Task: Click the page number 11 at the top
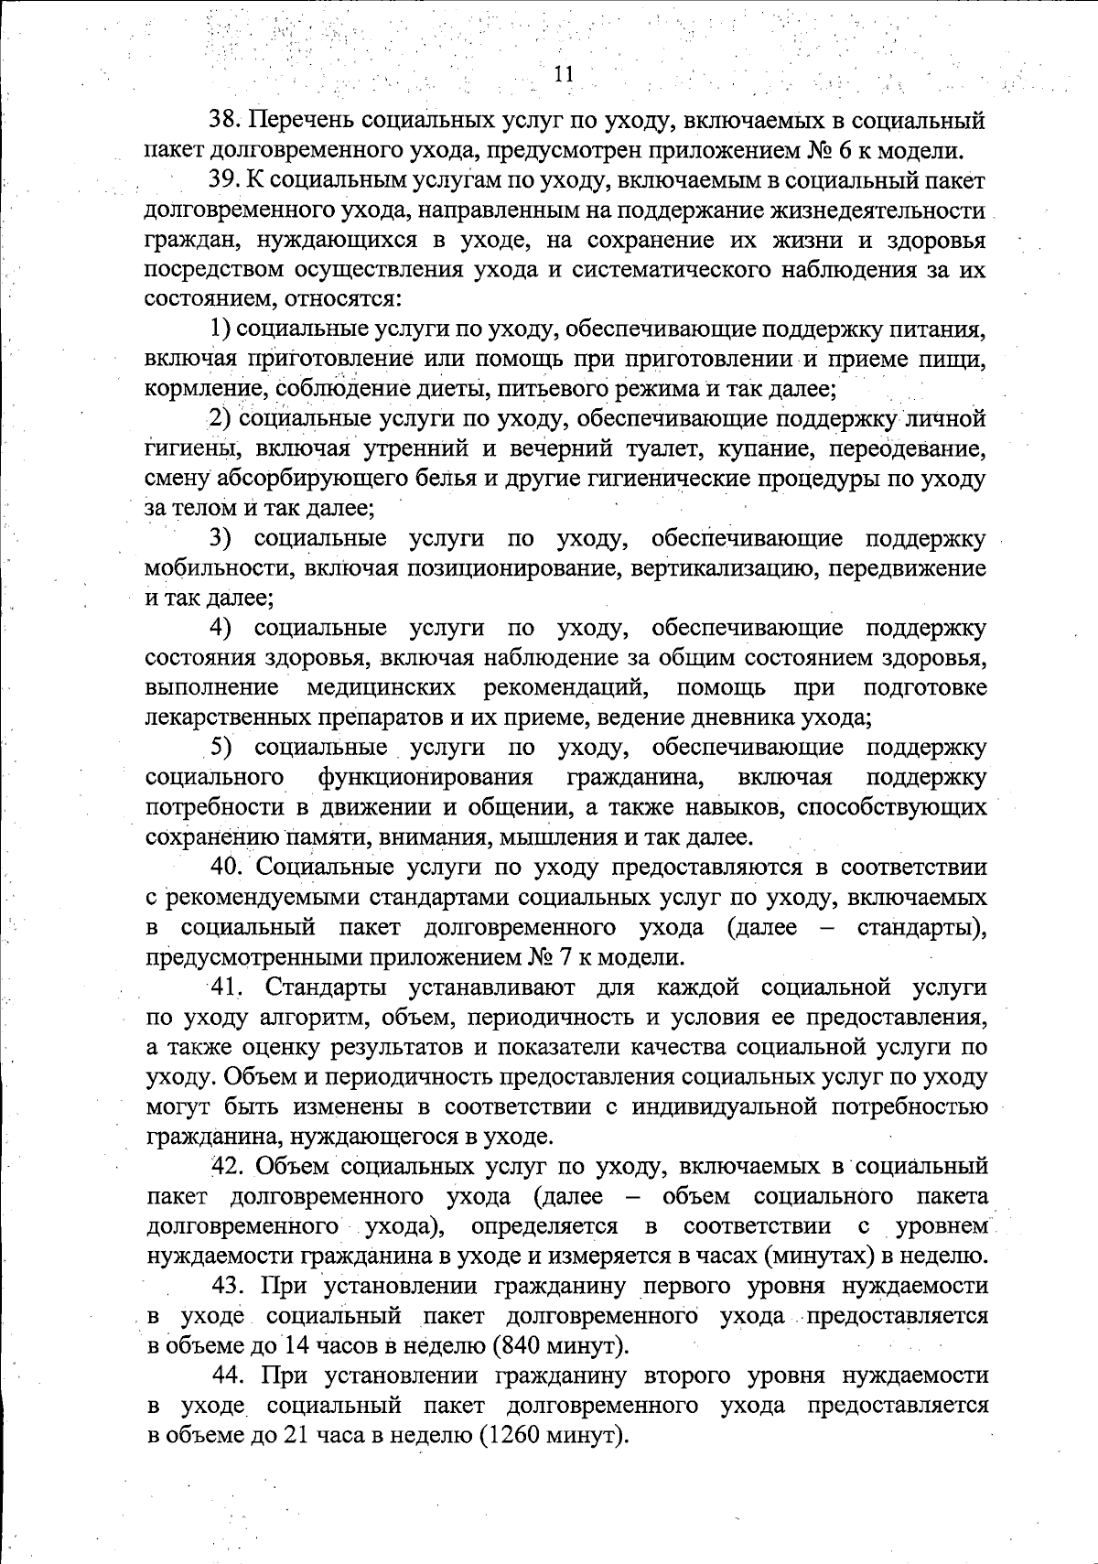564,74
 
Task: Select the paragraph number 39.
225,181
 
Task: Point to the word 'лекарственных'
221,717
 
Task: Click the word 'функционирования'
425,778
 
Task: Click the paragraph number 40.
225,867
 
